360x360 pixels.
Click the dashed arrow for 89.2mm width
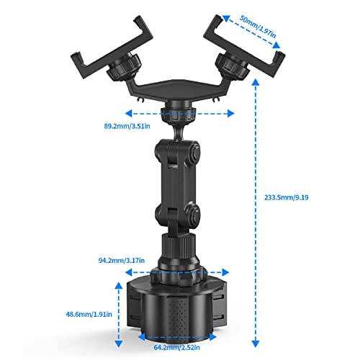pyautogui.click(x=180, y=113)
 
